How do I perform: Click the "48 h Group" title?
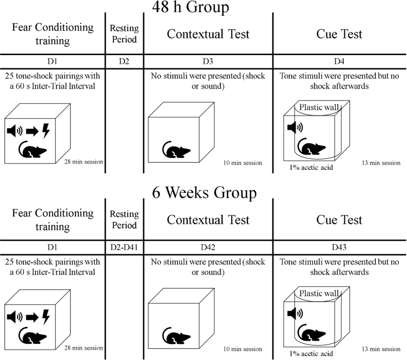coord(191,7)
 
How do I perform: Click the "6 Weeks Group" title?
coord(204,192)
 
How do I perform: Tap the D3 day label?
coord(207,61)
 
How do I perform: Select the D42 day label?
coord(207,248)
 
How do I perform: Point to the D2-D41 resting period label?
coord(124,248)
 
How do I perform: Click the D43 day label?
coord(339,248)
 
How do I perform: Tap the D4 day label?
coord(339,61)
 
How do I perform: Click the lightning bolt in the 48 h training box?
coord(45,131)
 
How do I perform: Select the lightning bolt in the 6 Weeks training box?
coord(45,317)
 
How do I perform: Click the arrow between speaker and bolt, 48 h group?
coord(32,131)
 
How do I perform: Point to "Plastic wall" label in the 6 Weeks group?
coord(319,293)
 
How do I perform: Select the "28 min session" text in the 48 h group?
coord(84,162)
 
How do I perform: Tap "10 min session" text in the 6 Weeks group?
coord(243,349)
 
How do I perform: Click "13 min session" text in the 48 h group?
coord(381,163)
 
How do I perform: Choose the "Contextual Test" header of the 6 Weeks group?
coord(208,220)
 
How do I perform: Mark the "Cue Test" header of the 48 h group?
coord(339,34)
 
